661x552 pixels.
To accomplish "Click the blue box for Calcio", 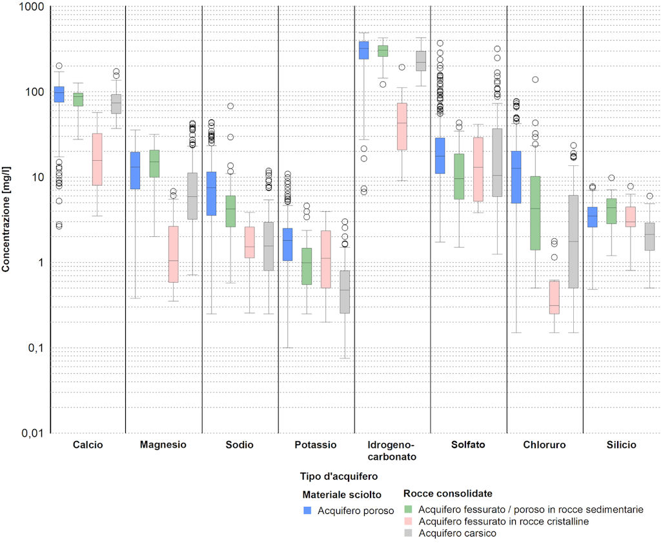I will click(59, 94).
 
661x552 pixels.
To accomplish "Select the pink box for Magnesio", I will click(173, 254).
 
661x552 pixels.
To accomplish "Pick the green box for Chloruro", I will click(535, 212).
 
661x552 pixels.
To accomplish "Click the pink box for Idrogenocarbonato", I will click(402, 126).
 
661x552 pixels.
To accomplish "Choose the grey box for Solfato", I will click(497, 162).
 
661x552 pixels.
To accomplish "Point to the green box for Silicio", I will click(612, 211).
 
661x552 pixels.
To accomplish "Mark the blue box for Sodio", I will click(211, 193).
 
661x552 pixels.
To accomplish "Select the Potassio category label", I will click(316, 445).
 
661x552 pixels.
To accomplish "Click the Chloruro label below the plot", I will click(544, 445).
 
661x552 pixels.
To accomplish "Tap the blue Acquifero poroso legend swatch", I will click(308, 510).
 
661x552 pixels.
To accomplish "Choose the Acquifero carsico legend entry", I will click(457, 533).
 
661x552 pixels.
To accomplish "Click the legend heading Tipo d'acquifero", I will click(339, 476).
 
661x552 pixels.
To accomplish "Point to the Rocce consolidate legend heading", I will click(447, 494).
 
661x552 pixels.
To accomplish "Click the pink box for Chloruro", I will click(554, 296).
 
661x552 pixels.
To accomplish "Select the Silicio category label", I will click(621, 445).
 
